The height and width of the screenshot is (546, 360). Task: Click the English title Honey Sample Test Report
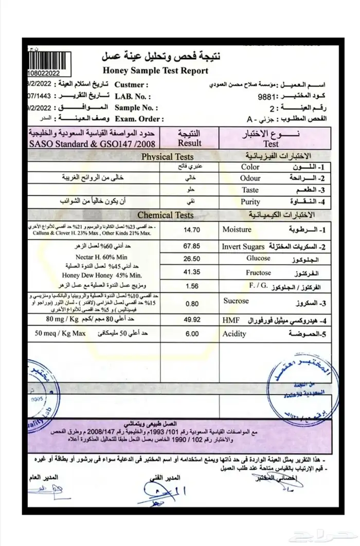point(155,70)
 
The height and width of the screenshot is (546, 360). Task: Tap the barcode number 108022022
point(44,74)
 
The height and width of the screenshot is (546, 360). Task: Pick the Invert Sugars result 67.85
point(191,246)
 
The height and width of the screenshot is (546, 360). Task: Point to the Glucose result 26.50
point(191,259)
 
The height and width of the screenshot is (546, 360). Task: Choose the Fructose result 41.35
point(191,273)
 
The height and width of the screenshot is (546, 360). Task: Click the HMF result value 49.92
point(191,320)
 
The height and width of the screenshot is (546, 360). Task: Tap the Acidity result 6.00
point(191,334)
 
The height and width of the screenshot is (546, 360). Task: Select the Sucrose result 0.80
point(191,304)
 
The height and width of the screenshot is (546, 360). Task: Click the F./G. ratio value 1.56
point(191,286)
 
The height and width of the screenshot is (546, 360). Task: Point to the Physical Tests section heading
point(168,157)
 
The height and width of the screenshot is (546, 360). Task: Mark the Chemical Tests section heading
point(166,215)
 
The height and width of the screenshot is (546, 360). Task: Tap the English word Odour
point(250,178)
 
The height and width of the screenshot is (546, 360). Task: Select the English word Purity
point(250,202)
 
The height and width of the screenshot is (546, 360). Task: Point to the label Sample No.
point(136,107)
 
